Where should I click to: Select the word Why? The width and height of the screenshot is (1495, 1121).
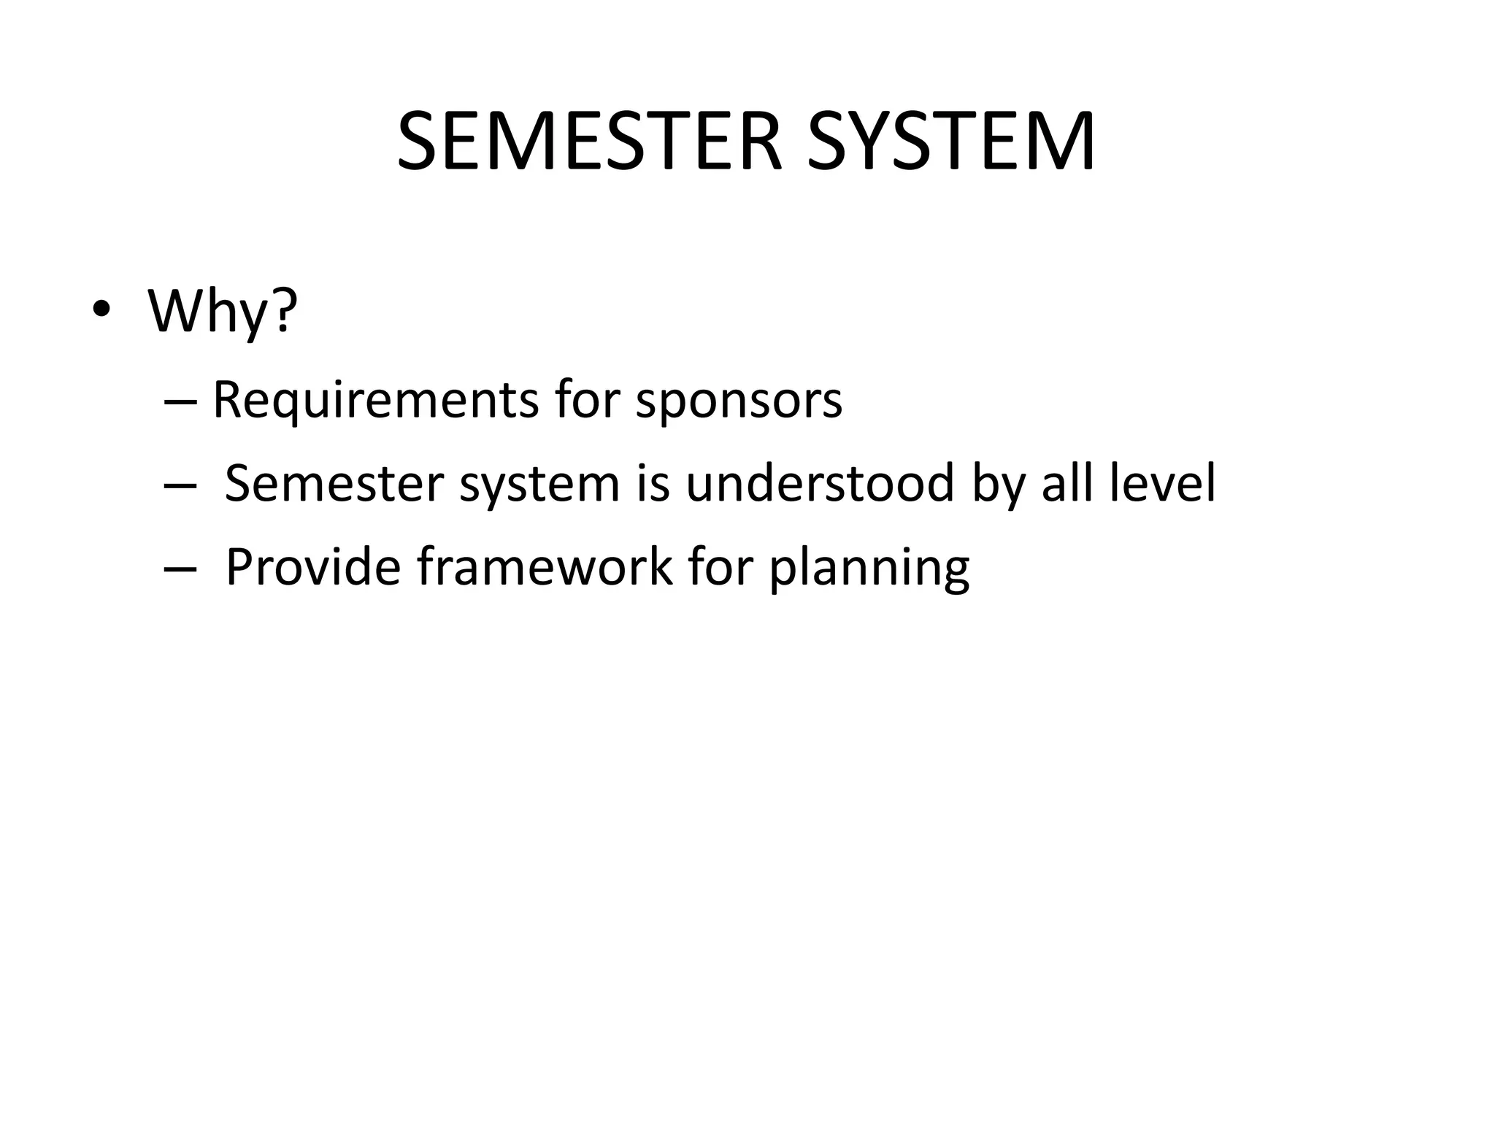click(223, 312)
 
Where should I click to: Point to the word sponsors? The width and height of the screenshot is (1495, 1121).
click(739, 401)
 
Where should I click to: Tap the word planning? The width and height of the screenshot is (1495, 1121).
click(869, 569)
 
